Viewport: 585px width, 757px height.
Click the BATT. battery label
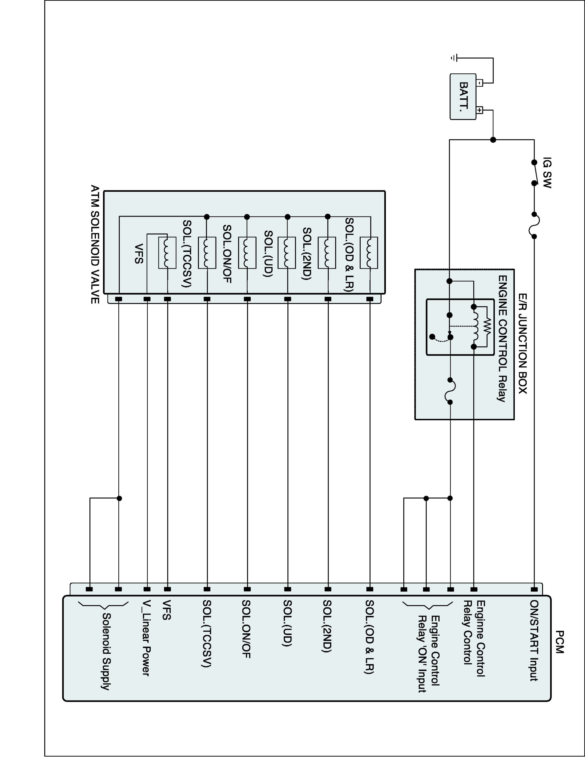(463, 96)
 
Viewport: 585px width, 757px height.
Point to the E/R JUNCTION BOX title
(523, 344)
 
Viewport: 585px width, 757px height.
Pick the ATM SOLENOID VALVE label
(95, 244)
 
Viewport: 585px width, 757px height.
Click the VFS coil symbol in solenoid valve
(167, 252)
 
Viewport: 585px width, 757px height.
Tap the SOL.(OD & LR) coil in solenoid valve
(369, 253)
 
